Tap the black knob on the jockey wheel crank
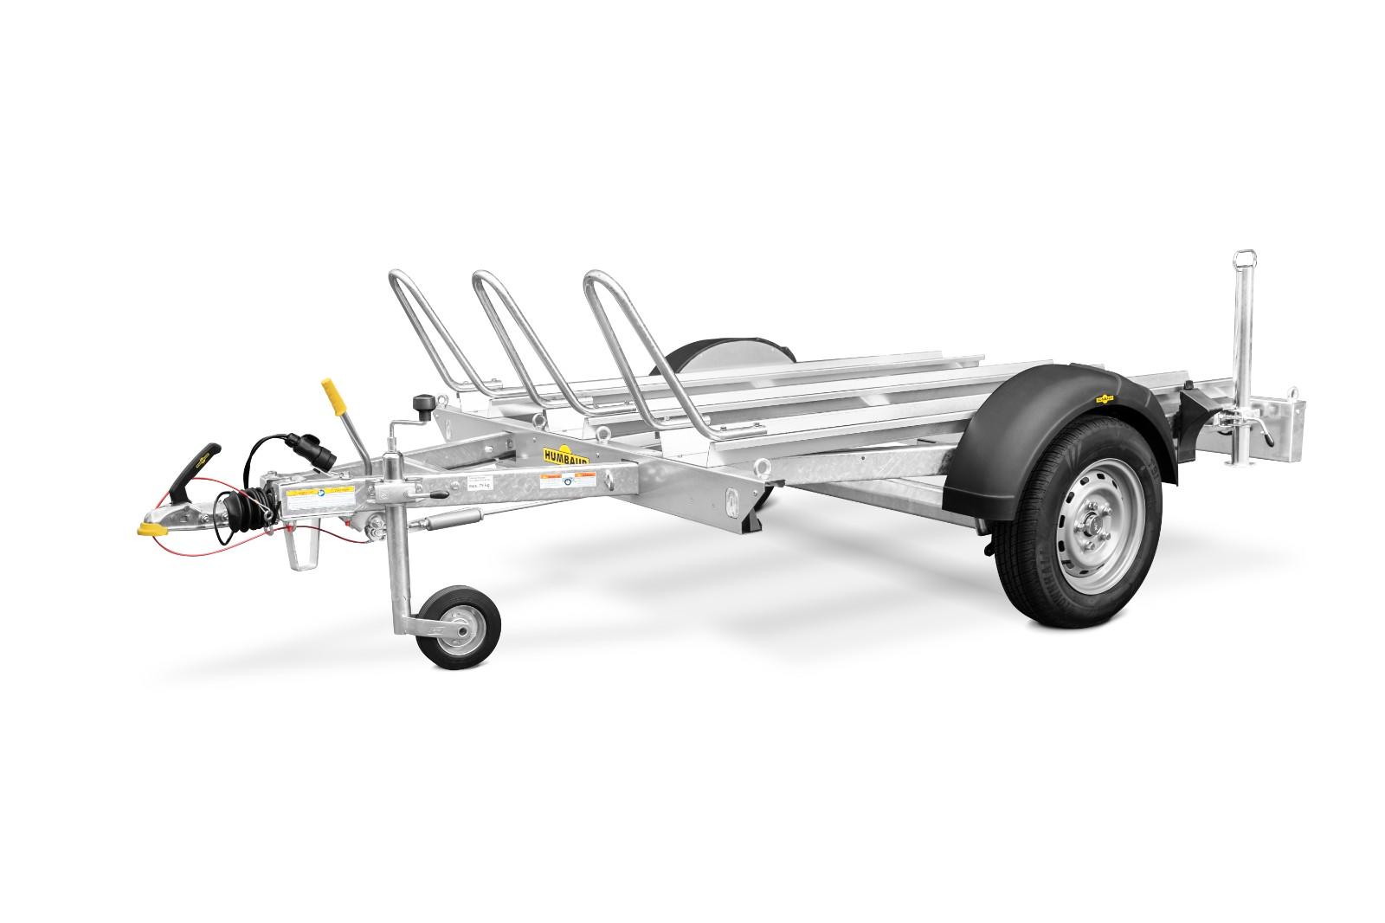coord(422,403)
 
